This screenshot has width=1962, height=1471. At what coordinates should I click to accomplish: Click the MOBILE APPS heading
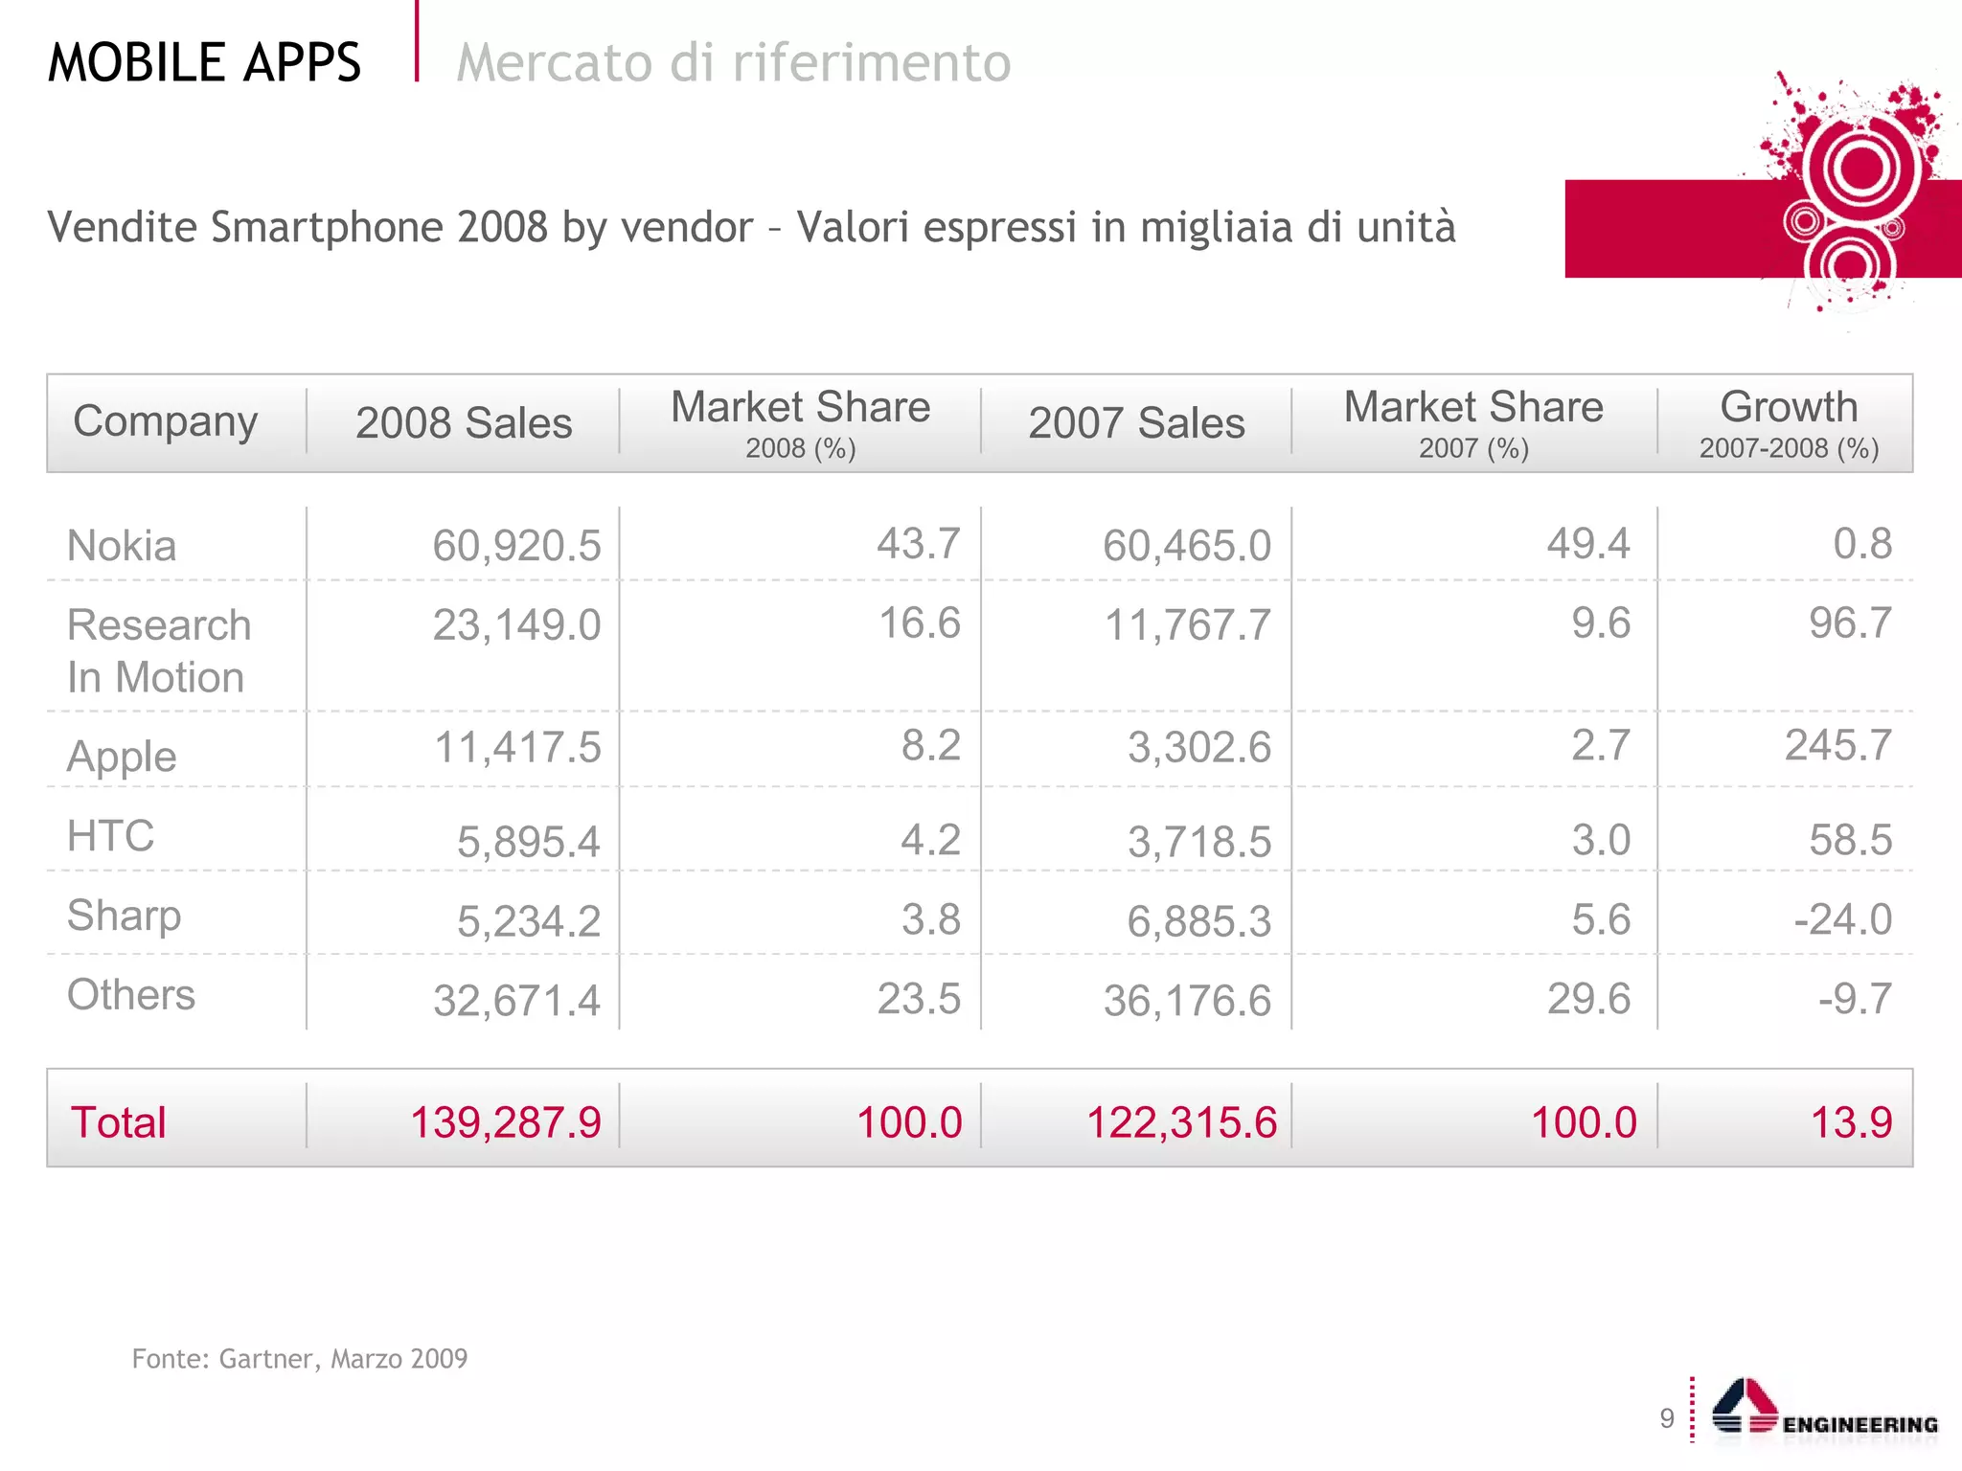pyautogui.click(x=204, y=63)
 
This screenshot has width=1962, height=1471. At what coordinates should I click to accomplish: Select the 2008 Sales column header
pyautogui.click(x=464, y=423)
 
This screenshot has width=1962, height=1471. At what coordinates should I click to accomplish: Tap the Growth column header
pyautogui.click(x=1788, y=408)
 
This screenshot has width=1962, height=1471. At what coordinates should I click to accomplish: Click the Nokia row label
pyautogui.click(x=122, y=546)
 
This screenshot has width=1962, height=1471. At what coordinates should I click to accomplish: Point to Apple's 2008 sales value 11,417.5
pyautogui.click(x=517, y=747)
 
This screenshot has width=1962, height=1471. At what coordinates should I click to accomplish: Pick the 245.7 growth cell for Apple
pyautogui.click(x=1837, y=745)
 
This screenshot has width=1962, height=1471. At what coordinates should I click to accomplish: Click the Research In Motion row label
pyautogui.click(x=158, y=651)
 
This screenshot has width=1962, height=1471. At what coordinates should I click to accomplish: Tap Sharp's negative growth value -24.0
pyautogui.click(x=1842, y=919)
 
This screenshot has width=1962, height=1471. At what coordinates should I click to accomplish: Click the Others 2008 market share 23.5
pyautogui.click(x=918, y=999)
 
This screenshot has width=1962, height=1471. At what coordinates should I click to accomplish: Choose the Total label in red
pyautogui.click(x=118, y=1122)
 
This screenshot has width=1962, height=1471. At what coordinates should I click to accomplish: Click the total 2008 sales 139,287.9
pyautogui.click(x=505, y=1122)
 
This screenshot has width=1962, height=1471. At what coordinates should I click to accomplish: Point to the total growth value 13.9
pyautogui.click(x=1850, y=1122)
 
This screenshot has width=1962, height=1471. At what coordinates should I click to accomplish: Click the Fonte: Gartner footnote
pyautogui.click(x=299, y=1359)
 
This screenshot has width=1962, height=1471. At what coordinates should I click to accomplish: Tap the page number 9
pyautogui.click(x=1667, y=1418)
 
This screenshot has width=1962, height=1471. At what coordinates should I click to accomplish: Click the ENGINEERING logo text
pyautogui.click(x=1859, y=1425)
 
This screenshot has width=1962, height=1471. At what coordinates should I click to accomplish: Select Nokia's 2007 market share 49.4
pyautogui.click(x=1587, y=544)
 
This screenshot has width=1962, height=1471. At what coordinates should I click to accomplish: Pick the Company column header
pyautogui.click(x=166, y=421)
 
